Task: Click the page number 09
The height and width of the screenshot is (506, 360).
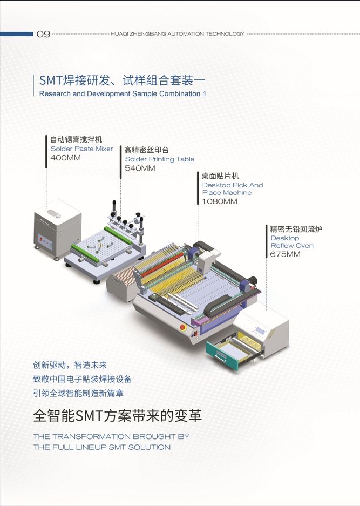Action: coord(43,34)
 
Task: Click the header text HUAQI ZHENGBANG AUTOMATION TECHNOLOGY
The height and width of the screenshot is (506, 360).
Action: coord(177,34)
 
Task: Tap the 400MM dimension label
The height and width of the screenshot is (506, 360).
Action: coord(65,158)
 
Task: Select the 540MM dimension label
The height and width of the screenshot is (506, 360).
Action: coord(140,168)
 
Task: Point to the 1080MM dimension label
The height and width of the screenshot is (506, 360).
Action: coord(220,201)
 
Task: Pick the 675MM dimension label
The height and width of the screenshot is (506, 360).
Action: coord(286,254)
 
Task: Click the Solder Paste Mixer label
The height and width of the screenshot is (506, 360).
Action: coord(81,149)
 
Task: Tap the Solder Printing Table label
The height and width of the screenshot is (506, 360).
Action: coord(159,159)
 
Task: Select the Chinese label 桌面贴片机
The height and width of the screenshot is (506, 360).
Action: coord(220,176)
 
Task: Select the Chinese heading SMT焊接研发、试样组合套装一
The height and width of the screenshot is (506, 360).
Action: coord(123,80)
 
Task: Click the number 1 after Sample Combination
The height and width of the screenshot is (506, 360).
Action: coord(205,93)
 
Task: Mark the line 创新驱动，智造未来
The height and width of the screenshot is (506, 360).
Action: coord(70,365)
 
